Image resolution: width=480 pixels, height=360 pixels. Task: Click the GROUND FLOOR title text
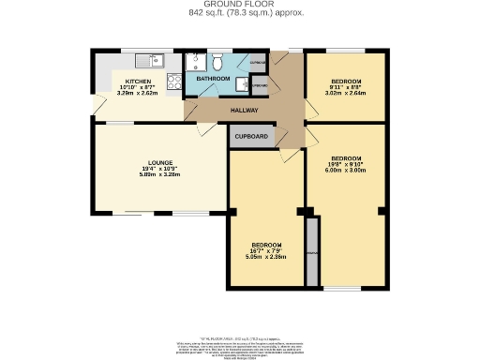(239, 5)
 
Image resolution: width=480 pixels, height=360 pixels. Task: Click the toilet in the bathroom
(217, 62)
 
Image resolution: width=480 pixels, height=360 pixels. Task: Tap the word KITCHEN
(138, 82)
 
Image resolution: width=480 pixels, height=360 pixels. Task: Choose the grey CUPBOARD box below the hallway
(252, 136)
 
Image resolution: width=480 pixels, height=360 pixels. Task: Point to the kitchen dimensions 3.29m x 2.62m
(138, 94)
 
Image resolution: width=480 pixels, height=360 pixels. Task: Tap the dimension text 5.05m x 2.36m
(266, 256)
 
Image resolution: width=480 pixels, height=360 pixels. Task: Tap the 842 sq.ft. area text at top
(239, 14)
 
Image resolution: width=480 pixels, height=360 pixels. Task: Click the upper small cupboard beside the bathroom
(259, 63)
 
